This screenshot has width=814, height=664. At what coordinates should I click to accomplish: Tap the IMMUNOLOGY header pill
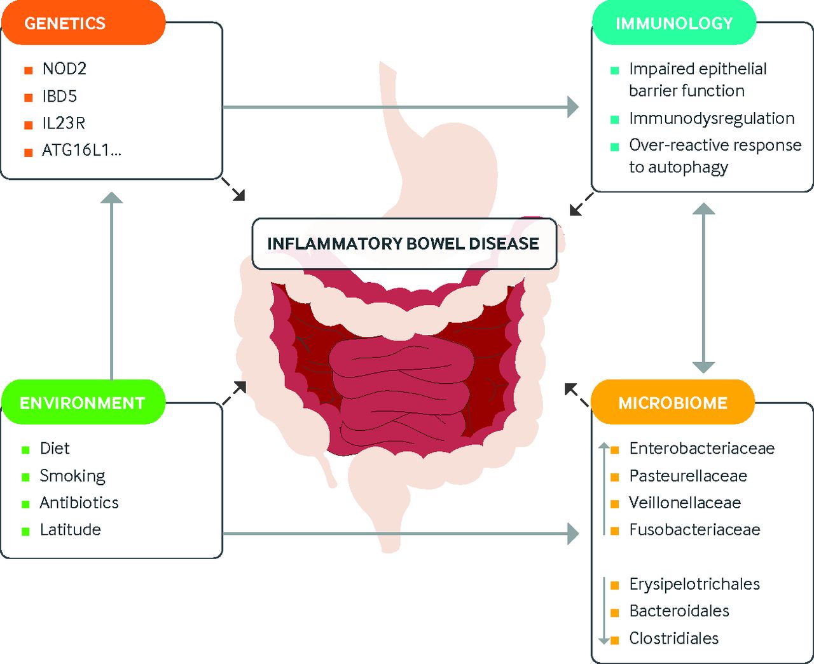point(673,24)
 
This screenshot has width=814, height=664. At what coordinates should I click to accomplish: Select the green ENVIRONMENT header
point(83,403)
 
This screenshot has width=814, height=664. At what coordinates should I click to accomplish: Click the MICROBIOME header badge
point(673,403)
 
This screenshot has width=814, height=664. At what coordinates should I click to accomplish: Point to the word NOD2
point(64,69)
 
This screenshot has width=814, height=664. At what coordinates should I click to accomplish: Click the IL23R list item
point(64,123)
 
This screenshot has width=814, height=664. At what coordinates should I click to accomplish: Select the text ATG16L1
point(81,151)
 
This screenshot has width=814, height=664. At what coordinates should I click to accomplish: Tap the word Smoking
point(72,476)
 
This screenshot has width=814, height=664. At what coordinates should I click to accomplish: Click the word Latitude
point(70,530)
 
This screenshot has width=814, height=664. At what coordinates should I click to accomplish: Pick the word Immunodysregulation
point(711,119)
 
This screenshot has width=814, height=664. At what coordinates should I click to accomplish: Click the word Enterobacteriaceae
point(701,449)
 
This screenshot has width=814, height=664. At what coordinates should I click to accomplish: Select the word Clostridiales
point(673,639)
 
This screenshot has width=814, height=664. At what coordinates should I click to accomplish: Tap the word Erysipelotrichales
point(694,585)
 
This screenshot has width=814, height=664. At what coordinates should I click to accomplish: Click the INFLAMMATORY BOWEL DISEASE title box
point(404,244)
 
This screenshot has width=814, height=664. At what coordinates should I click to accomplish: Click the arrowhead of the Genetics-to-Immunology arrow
point(572,107)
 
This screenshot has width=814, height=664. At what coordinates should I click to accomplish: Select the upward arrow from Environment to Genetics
point(112,286)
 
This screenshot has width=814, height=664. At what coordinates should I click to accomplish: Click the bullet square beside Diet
point(26,450)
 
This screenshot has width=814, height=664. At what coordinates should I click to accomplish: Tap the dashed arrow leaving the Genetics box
point(233,189)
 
